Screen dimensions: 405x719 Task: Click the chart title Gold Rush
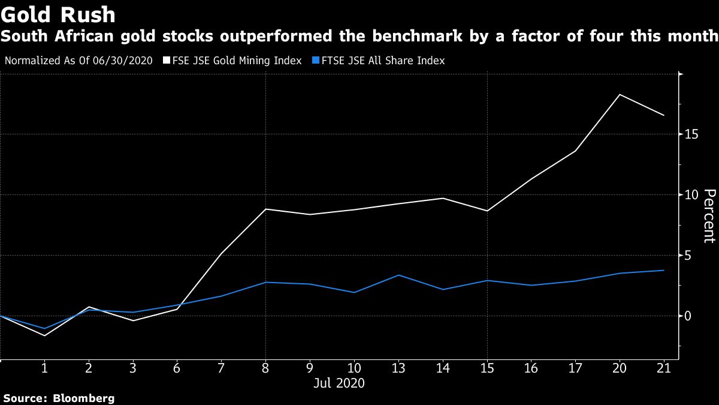click(58, 14)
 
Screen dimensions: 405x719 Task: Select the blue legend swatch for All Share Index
click(316, 61)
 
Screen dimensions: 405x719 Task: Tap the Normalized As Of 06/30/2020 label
click(78, 61)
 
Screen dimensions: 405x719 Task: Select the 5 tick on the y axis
click(690, 256)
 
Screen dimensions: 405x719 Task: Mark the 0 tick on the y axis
click(690, 316)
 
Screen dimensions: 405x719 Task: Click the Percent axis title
click(709, 216)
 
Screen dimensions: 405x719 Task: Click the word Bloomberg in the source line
click(84, 398)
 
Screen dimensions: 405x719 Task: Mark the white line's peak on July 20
click(620, 94)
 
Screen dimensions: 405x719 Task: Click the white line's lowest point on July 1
click(44, 335)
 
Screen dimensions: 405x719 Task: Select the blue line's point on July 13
click(398, 275)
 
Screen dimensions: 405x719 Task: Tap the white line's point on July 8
click(265, 209)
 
